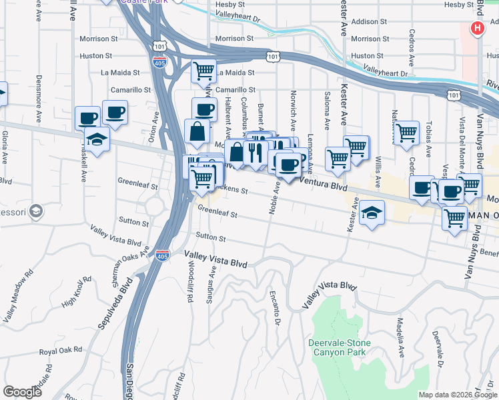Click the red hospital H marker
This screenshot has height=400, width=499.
pyautogui.click(x=478, y=28)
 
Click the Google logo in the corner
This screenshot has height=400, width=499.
pyautogui.click(x=23, y=391)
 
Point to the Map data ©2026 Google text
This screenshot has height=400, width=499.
pyautogui.click(x=458, y=395)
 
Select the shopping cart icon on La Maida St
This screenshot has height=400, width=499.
pyautogui.click(x=203, y=70)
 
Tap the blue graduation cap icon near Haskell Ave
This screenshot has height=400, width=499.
pyautogui.click(x=97, y=141)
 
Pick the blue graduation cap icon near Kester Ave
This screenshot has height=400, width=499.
pyautogui.click(x=372, y=213)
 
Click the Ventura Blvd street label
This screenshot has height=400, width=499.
pyautogui.click(x=324, y=185)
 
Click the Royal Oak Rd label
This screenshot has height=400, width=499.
pyautogui.click(x=60, y=349)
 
